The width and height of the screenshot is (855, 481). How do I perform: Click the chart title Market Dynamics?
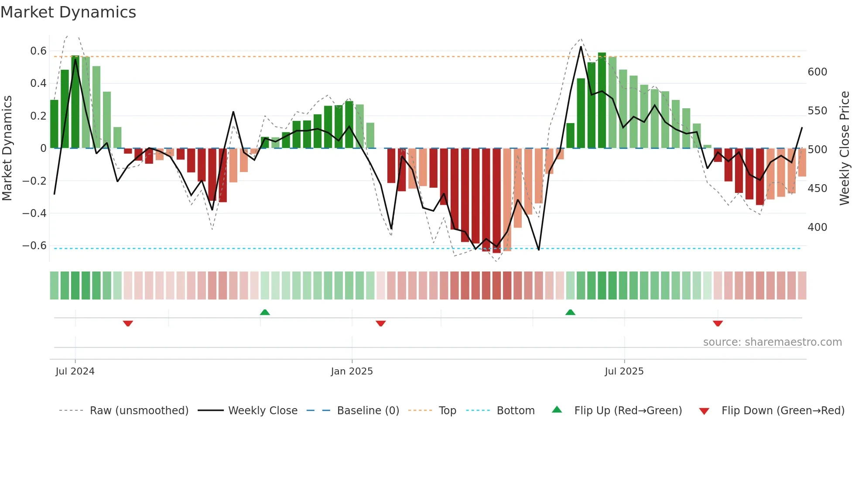coord(68,12)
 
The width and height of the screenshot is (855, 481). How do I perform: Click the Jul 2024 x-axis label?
coord(75,371)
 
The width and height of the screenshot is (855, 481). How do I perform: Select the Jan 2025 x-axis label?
coord(352,371)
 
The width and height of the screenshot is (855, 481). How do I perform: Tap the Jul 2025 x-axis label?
coord(624,371)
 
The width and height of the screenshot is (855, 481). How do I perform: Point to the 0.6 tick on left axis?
coord(38,51)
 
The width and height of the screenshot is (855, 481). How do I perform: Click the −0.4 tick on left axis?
coord(34,213)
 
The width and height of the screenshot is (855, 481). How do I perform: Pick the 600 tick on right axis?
coord(817,72)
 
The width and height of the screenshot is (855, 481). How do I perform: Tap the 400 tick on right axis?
coord(817,227)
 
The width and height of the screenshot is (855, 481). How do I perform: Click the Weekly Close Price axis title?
coord(845,148)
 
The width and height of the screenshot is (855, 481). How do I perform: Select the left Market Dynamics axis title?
coord(7,148)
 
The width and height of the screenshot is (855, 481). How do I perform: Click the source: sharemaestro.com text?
coord(772,342)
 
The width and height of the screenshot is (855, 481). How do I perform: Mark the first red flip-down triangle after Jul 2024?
coord(128,323)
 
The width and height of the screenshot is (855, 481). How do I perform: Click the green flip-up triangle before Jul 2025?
coord(570,312)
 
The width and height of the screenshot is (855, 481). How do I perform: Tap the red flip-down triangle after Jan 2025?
coord(381,323)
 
